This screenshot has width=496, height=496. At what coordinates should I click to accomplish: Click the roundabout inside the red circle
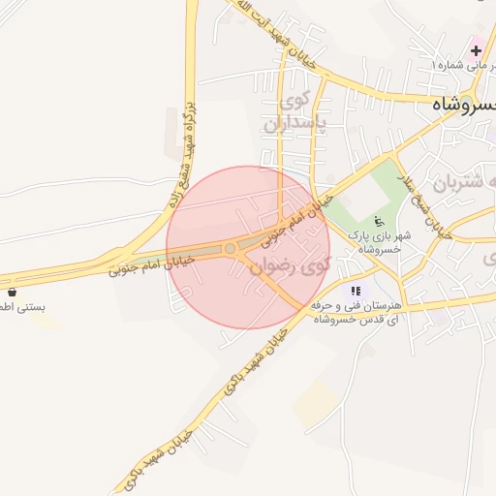point(231,249)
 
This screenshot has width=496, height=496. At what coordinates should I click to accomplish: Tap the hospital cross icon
point(476,48)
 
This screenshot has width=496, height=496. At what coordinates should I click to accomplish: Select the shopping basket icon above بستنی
point(12,292)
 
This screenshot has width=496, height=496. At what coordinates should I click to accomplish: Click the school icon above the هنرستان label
point(356,290)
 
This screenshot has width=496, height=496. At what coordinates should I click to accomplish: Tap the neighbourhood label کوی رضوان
point(291,263)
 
